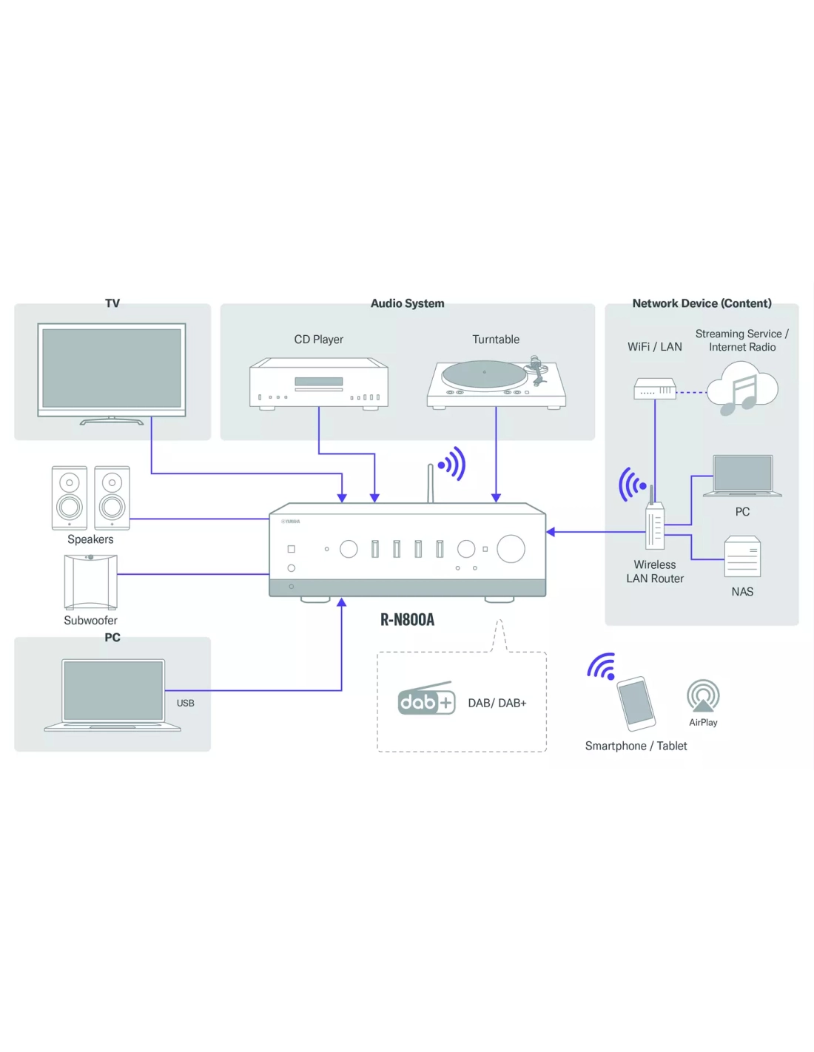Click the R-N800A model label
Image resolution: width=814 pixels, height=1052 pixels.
coord(407,620)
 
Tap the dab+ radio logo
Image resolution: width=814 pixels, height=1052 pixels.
coord(425,700)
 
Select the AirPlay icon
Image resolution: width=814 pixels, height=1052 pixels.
coord(702,696)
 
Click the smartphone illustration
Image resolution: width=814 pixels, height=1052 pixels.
coord(636,702)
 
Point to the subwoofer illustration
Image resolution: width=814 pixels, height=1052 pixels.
coord(90,581)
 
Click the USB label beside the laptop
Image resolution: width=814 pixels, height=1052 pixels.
coord(186,703)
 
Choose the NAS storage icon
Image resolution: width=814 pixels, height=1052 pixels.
coord(742,557)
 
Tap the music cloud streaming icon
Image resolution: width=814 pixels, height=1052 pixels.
coord(741,388)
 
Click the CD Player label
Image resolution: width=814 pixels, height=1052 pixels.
coord(318,340)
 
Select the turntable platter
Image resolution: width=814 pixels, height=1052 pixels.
coord(484,373)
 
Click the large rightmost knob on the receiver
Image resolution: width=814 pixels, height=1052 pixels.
coord(511,548)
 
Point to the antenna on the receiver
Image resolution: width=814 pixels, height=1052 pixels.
coord(430,483)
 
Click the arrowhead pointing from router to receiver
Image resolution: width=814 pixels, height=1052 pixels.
coord(551,532)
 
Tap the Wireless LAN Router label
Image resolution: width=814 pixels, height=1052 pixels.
coord(655,572)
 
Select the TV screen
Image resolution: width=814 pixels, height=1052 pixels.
coord(112,368)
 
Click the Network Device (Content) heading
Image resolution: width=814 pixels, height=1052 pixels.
coord(702,303)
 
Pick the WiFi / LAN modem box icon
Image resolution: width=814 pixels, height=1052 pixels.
coord(655,388)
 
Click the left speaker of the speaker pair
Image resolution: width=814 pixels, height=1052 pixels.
coord(70,498)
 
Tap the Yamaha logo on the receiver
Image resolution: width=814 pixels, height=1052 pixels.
coord(291,521)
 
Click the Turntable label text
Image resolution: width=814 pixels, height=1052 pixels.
coord(496,340)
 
